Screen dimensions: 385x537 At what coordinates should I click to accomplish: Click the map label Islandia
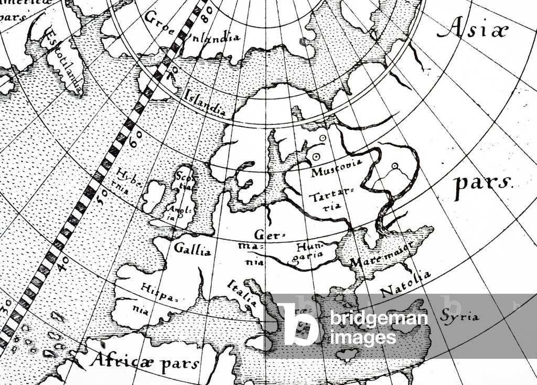205,102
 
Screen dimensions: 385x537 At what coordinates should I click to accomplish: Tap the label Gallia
194,249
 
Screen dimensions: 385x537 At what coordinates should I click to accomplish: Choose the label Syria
460,316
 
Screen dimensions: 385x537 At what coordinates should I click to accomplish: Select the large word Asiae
472,30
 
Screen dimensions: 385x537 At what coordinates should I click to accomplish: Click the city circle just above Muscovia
316,157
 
